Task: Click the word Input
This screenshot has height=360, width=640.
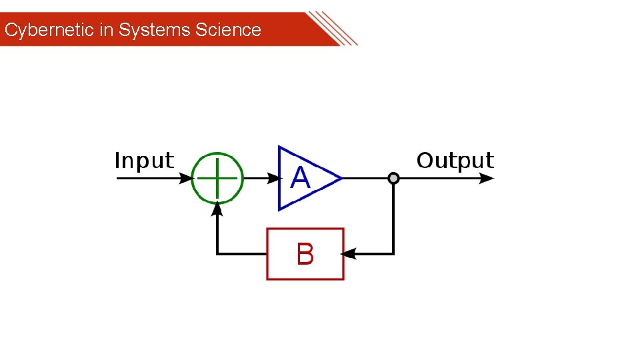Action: pos(144,161)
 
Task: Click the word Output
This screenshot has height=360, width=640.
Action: pos(455,161)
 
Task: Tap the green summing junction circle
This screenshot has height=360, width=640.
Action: pos(217,178)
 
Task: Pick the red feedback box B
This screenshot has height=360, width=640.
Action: pos(305,254)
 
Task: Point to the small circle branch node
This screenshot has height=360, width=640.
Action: pos(393,178)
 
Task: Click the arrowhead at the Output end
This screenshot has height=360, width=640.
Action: pos(487,178)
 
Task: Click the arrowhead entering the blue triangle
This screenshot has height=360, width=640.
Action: pos(273,178)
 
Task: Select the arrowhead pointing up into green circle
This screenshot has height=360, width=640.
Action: pos(217,209)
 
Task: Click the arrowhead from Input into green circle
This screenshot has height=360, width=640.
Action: pos(186,178)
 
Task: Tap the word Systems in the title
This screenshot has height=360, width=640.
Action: pos(154,30)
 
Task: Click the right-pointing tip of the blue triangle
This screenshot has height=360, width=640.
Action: pos(340,178)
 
